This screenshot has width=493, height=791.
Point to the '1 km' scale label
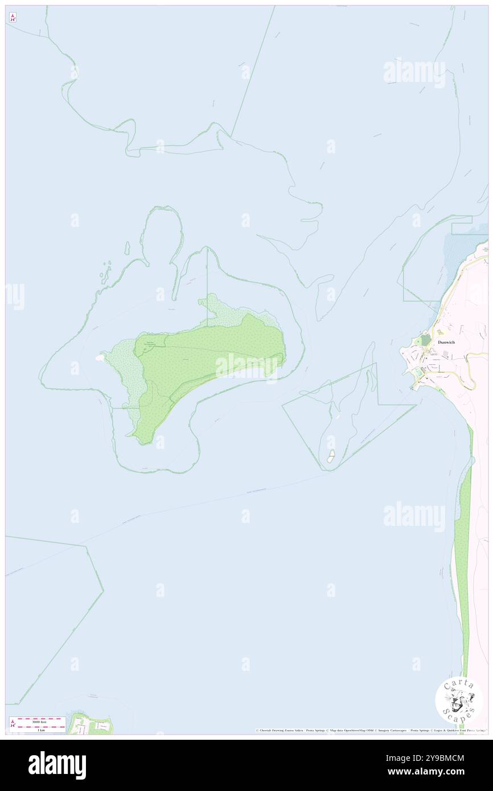tap(38, 730)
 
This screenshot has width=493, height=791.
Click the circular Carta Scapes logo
tap(459, 700)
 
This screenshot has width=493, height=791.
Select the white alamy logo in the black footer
tap(57, 765)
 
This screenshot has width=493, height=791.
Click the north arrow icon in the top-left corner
tap(13, 18)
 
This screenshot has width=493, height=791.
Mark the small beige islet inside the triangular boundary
tap(331, 455)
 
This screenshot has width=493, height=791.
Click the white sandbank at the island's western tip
tap(100, 357)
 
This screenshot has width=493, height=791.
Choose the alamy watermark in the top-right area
tap(414, 72)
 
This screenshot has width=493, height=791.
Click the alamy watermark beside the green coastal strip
tap(414, 517)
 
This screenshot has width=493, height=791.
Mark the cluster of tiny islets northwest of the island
tap(105, 273)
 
